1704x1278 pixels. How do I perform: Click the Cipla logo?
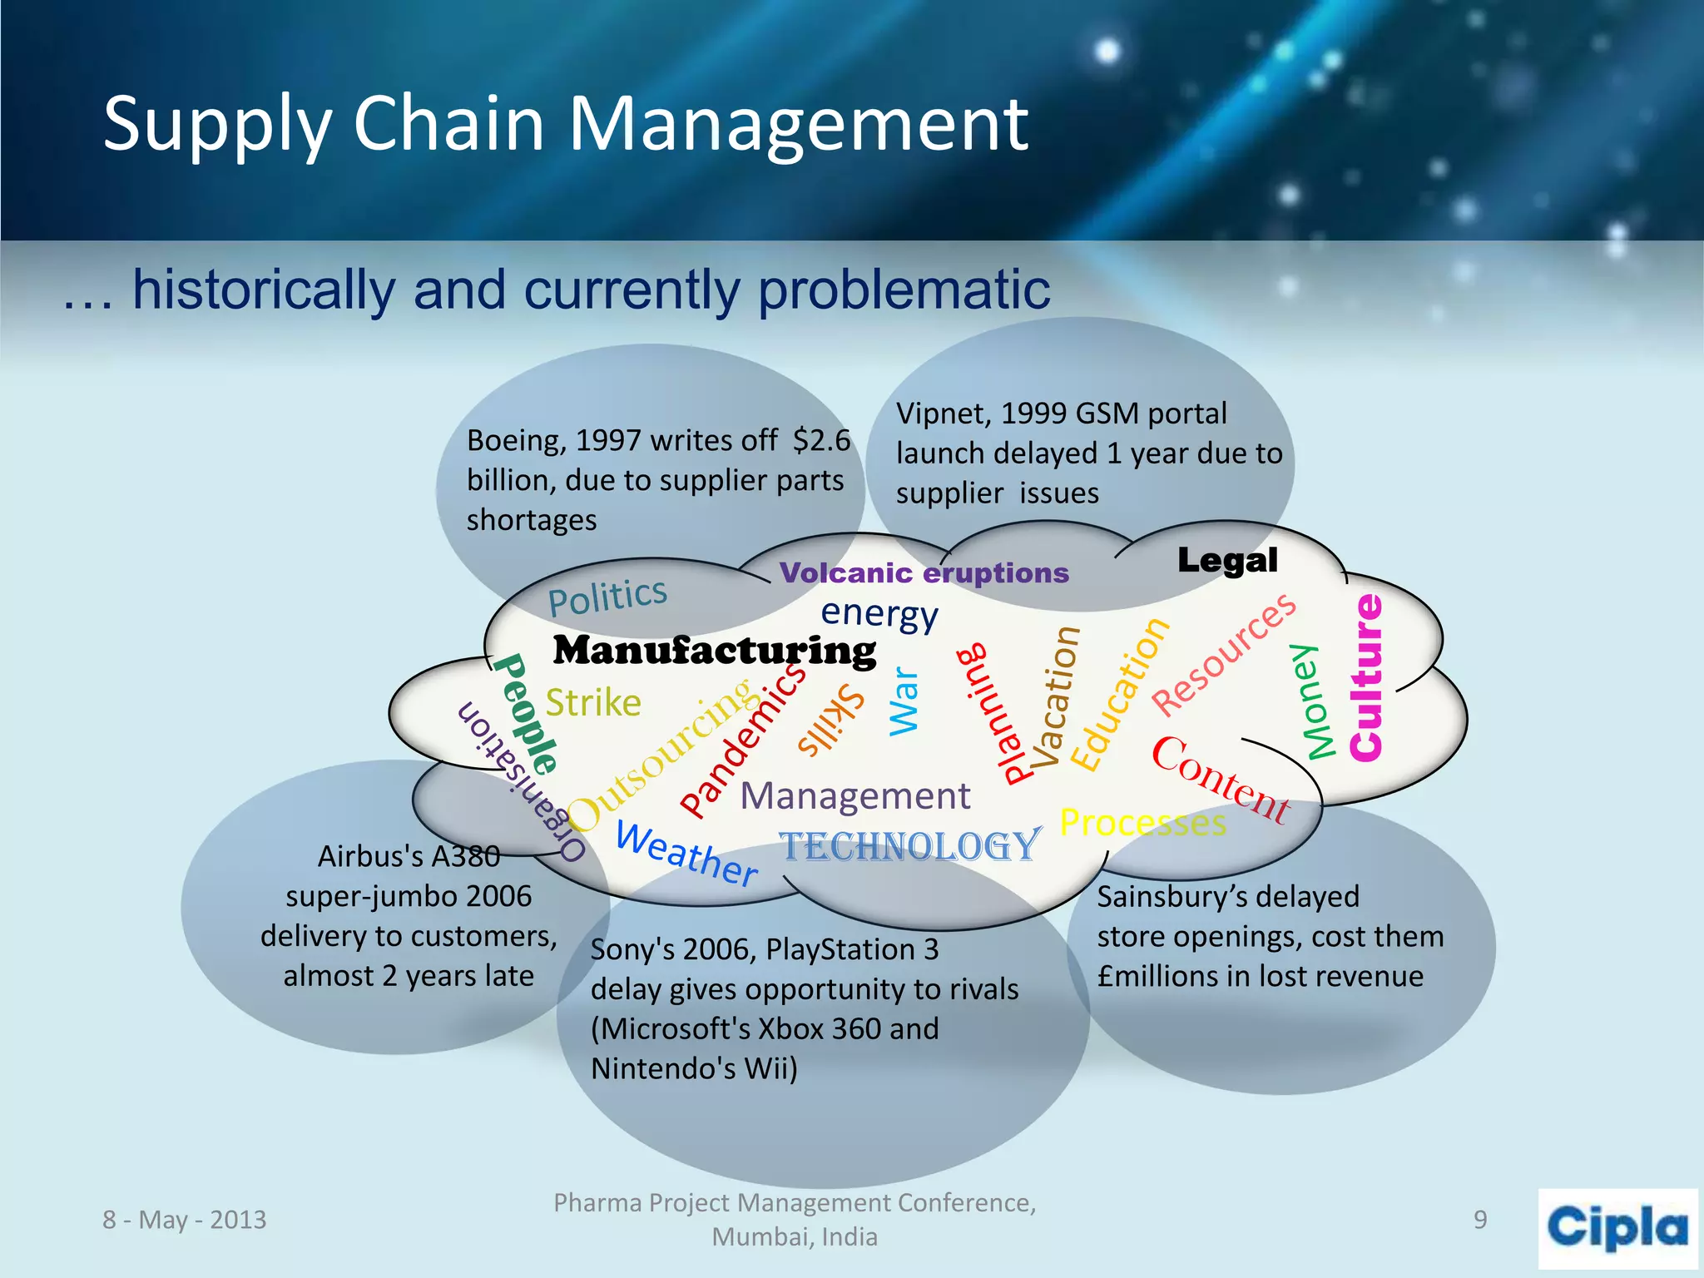click(1617, 1228)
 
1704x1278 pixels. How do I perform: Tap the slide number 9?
click(1480, 1220)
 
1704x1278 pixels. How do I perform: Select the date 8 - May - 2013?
click(185, 1220)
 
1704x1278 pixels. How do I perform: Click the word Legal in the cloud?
click(1227, 561)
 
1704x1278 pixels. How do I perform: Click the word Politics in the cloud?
click(607, 596)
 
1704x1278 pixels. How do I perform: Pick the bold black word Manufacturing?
click(714, 651)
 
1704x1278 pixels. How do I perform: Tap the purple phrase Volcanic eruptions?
click(924, 573)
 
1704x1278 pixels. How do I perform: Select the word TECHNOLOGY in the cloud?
click(910, 847)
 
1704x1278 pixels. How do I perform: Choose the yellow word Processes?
click(1143, 823)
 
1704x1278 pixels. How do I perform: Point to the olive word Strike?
click(593, 703)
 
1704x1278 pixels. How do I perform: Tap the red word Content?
click(1220, 780)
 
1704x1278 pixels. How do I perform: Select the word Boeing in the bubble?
click(514, 440)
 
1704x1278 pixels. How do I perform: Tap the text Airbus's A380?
click(409, 856)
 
